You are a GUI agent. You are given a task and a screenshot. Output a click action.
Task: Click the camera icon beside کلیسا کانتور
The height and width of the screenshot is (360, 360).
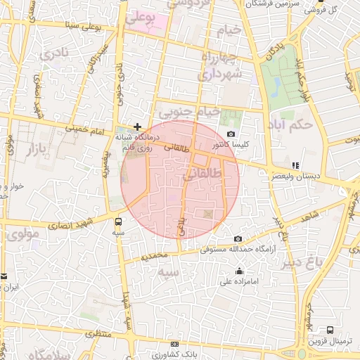(x=231, y=134)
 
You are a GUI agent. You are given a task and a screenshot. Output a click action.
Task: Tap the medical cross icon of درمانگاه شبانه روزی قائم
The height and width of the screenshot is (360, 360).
(x=137, y=126)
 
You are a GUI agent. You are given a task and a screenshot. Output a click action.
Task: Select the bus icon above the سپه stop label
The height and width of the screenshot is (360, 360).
(x=118, y=221)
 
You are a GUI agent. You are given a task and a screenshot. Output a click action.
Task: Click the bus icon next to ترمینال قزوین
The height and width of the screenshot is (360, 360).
(x=330, y=330)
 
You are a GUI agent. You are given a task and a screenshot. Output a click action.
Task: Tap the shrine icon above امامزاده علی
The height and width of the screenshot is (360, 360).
(x=240, y=271)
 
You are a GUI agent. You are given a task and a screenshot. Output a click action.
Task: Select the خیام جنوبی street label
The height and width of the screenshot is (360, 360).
(x=190, y=112)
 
